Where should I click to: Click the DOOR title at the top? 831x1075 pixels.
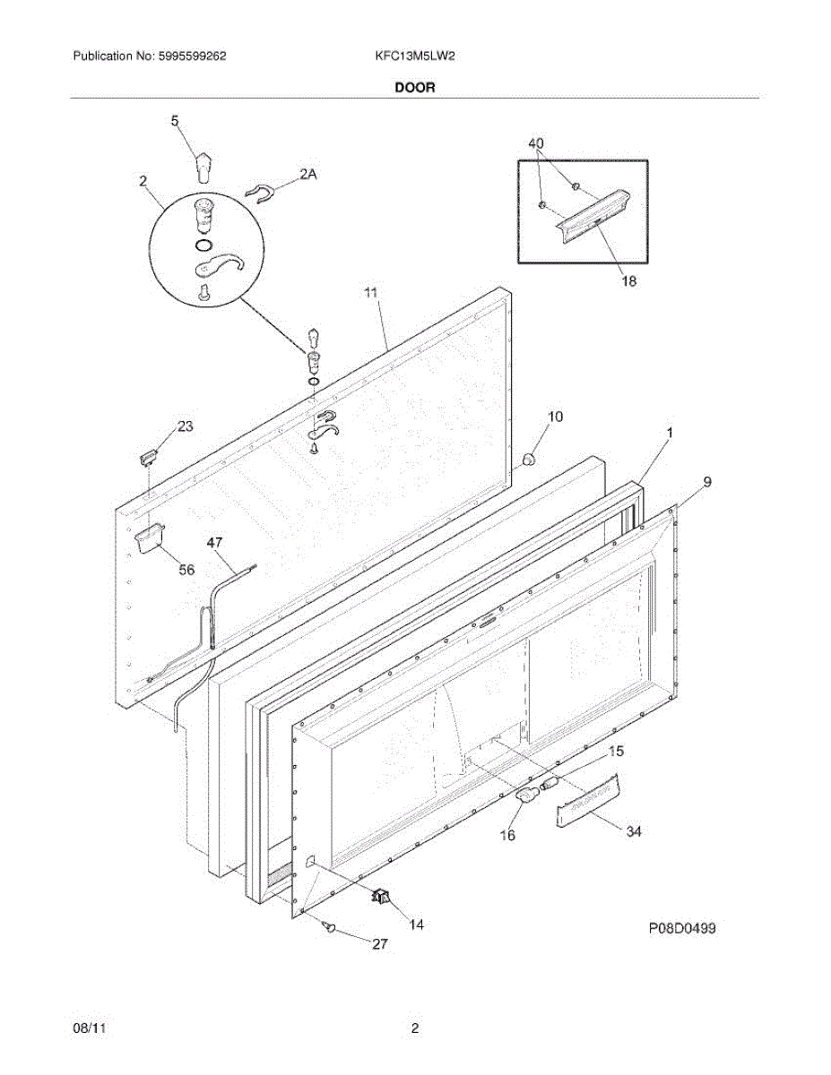415,88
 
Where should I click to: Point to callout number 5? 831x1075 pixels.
175,120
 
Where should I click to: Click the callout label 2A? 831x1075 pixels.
307,176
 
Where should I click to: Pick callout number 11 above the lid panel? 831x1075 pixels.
371,292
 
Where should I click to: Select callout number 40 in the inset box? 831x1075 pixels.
535,143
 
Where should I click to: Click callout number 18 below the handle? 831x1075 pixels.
628,281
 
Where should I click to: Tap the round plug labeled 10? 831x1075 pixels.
527,460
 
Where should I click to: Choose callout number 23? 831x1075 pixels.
185,426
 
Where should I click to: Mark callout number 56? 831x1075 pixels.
186,569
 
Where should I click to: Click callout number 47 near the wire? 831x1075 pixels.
215,542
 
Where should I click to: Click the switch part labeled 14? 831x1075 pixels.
383,895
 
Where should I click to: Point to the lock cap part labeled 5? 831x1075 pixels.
205,166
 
